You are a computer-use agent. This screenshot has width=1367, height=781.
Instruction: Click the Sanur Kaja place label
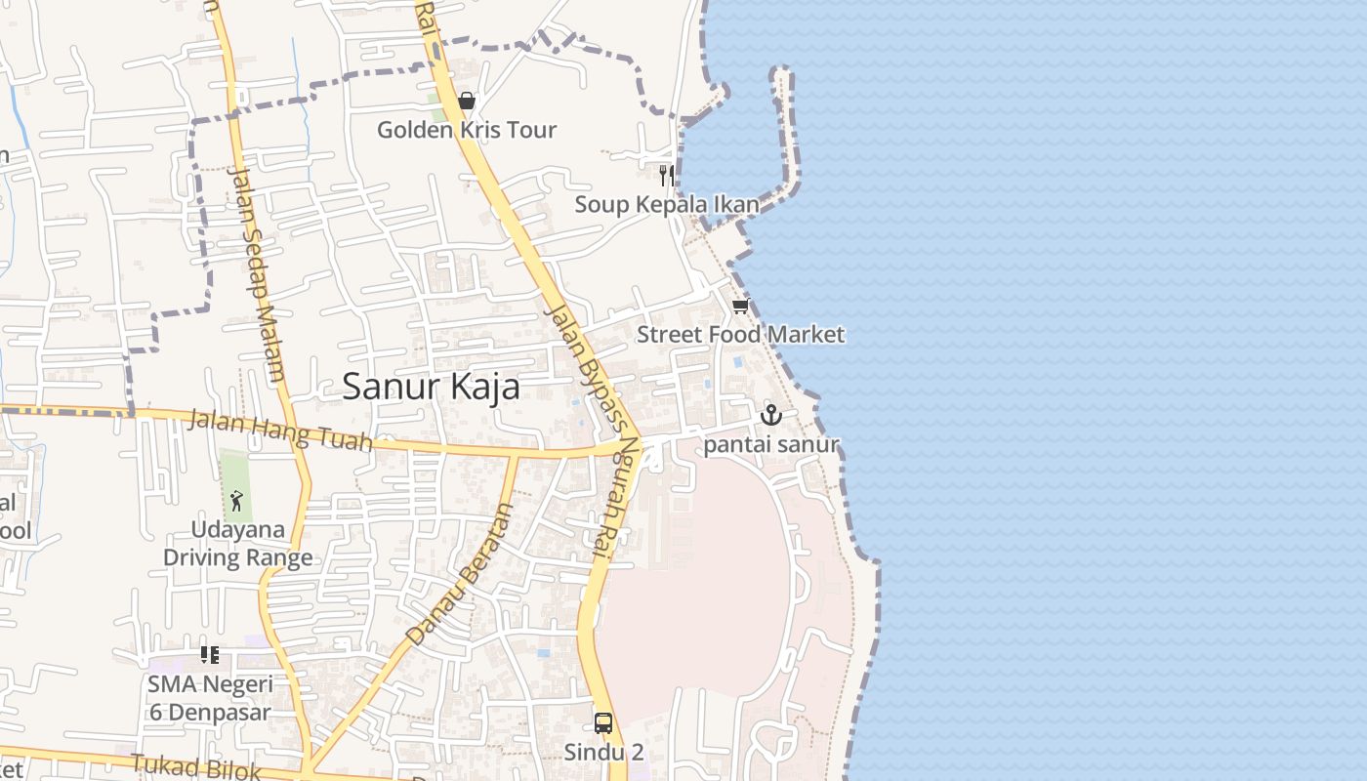coord(431,387)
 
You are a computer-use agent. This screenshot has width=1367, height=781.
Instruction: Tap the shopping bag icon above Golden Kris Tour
coord(467,101)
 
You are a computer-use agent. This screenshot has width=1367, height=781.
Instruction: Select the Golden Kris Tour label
coord(467,129)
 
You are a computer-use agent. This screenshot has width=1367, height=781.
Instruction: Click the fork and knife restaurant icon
coord(666,176)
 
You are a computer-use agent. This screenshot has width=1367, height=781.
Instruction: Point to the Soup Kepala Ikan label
coord(666,204)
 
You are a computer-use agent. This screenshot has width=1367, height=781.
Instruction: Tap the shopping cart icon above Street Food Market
coord(740,307)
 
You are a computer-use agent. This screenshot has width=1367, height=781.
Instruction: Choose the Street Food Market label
coord(740,334)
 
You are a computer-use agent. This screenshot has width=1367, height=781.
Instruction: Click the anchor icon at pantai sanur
coord(771,415)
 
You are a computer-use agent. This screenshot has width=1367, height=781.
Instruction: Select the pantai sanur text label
coord(771,445)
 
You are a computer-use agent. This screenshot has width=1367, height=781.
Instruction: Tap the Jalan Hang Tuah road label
coord(279,432)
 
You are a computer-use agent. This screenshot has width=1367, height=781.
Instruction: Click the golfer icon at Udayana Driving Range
coord(236,502)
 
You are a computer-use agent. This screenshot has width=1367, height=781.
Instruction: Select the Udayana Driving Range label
coord(237,544)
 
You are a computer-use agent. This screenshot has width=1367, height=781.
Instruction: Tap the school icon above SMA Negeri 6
coord(209,654)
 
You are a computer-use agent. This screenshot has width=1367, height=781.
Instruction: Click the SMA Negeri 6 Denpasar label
coord(209,697)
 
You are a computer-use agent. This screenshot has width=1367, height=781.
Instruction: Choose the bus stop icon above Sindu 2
coord(603,723)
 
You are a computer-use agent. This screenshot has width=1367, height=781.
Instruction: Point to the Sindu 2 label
coord(603,753)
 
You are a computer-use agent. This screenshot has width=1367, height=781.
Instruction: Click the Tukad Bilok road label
coord(195,766)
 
